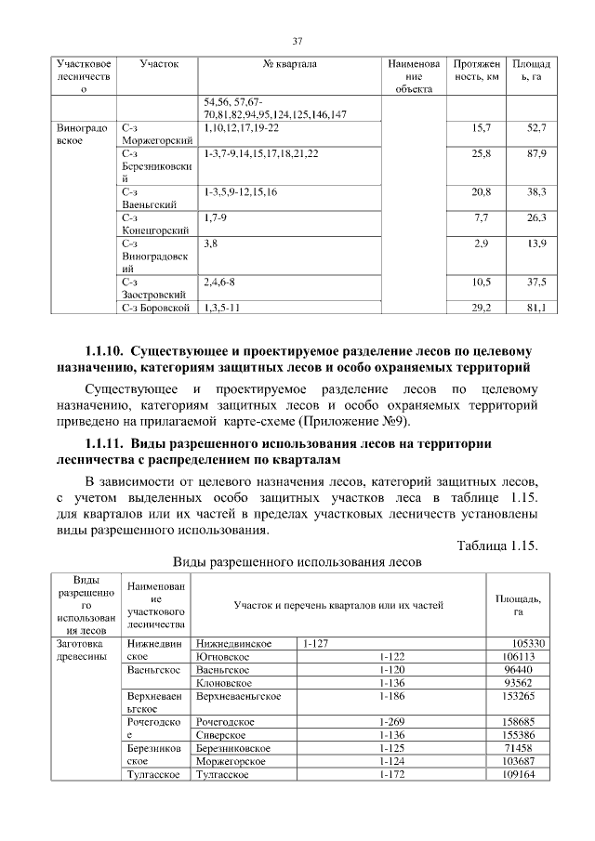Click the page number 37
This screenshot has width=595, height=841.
tap(297, 41)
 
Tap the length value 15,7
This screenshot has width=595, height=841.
tap(482, 126)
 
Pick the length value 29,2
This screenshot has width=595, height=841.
tap(482, 308)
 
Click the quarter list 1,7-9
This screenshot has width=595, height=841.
tap(215, 217)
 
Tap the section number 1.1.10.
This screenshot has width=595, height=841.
tap(103, 352)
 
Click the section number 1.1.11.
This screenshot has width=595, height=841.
tap(103, 443)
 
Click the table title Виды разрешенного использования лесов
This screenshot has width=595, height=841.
tap(297, 562)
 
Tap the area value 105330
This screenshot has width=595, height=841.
tap(528, 643)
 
